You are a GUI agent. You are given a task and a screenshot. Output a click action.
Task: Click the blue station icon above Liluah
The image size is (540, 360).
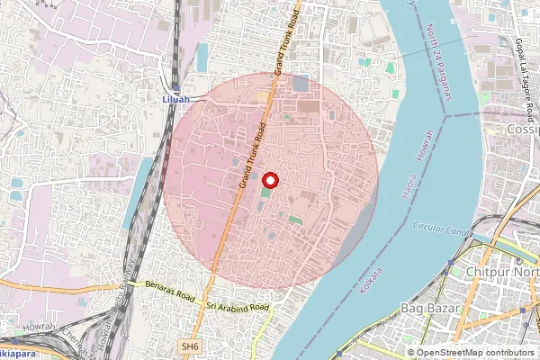tap(176, 87)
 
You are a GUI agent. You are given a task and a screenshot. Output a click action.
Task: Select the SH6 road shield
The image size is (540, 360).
tap(189, 346)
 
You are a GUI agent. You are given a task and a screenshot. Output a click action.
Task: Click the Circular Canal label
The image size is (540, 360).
tap(442, 230)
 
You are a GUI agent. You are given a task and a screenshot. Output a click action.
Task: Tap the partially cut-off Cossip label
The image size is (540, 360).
tap(522, 130)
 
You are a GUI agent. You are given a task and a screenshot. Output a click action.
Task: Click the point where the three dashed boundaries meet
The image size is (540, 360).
tap(445, 116)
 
